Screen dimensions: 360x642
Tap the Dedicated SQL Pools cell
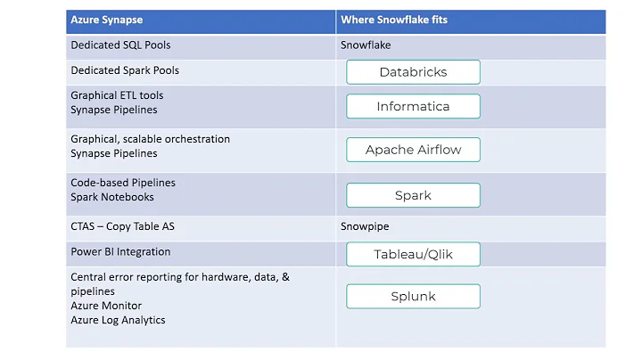tap(120, 45)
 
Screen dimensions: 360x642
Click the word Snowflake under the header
tap(366, 45)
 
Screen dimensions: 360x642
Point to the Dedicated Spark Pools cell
tap(124, 70)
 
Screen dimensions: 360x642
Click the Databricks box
tap(413, 72)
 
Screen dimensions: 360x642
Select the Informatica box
tap(413, 107)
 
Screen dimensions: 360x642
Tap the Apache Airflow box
tap(413, 150)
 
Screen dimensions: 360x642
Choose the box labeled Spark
tap(413, 196)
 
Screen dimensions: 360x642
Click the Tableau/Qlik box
tap(413, 255)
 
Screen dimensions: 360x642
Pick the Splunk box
tap(413, 296)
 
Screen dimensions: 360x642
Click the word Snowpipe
tap(365, 226)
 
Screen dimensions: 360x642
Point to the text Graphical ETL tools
tap(117, 95)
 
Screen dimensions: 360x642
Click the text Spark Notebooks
tap(112, 197)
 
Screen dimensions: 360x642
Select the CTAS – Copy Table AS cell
tap(123, 226)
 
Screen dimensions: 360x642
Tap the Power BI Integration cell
tap(120, 252)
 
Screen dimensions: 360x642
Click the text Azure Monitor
tap(106, 306)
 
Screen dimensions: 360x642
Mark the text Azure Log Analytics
tap(118, 320)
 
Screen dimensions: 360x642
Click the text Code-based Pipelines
tap(123, 183)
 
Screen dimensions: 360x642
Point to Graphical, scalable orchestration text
tap(150, 139)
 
